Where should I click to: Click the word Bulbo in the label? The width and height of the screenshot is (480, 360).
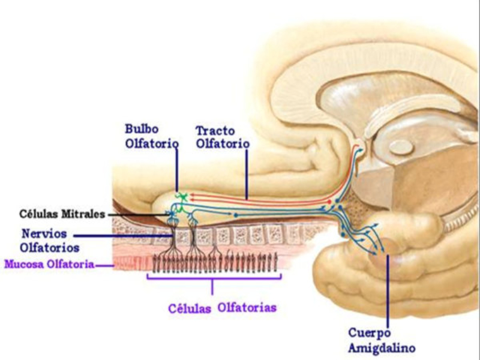[140, 130]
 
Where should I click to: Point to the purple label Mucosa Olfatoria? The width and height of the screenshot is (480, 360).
[48, 263]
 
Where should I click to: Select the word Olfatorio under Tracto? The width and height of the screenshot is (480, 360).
[223, 145]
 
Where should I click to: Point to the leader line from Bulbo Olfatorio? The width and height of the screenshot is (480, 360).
[177, 171]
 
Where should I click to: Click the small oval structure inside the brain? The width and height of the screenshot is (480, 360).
[398, 146]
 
